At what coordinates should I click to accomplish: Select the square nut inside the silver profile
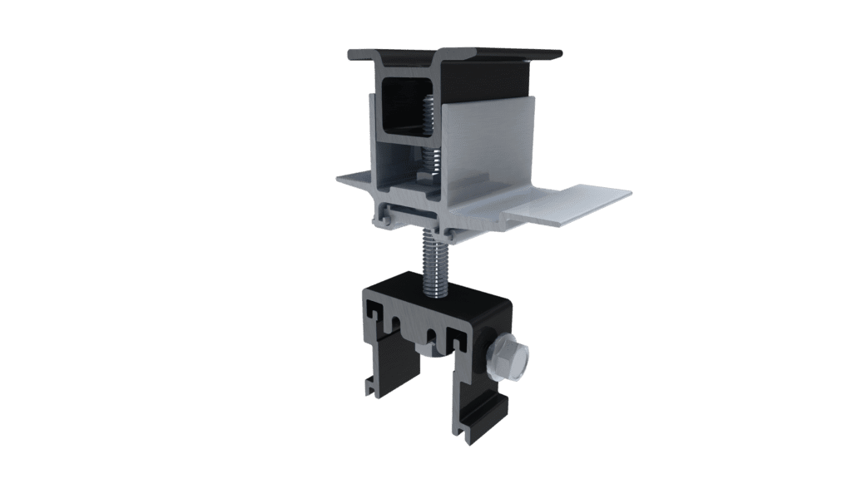428,174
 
